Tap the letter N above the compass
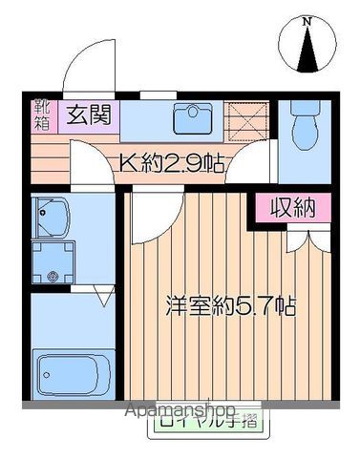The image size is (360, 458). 307,20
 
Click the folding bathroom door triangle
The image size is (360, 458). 104,298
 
